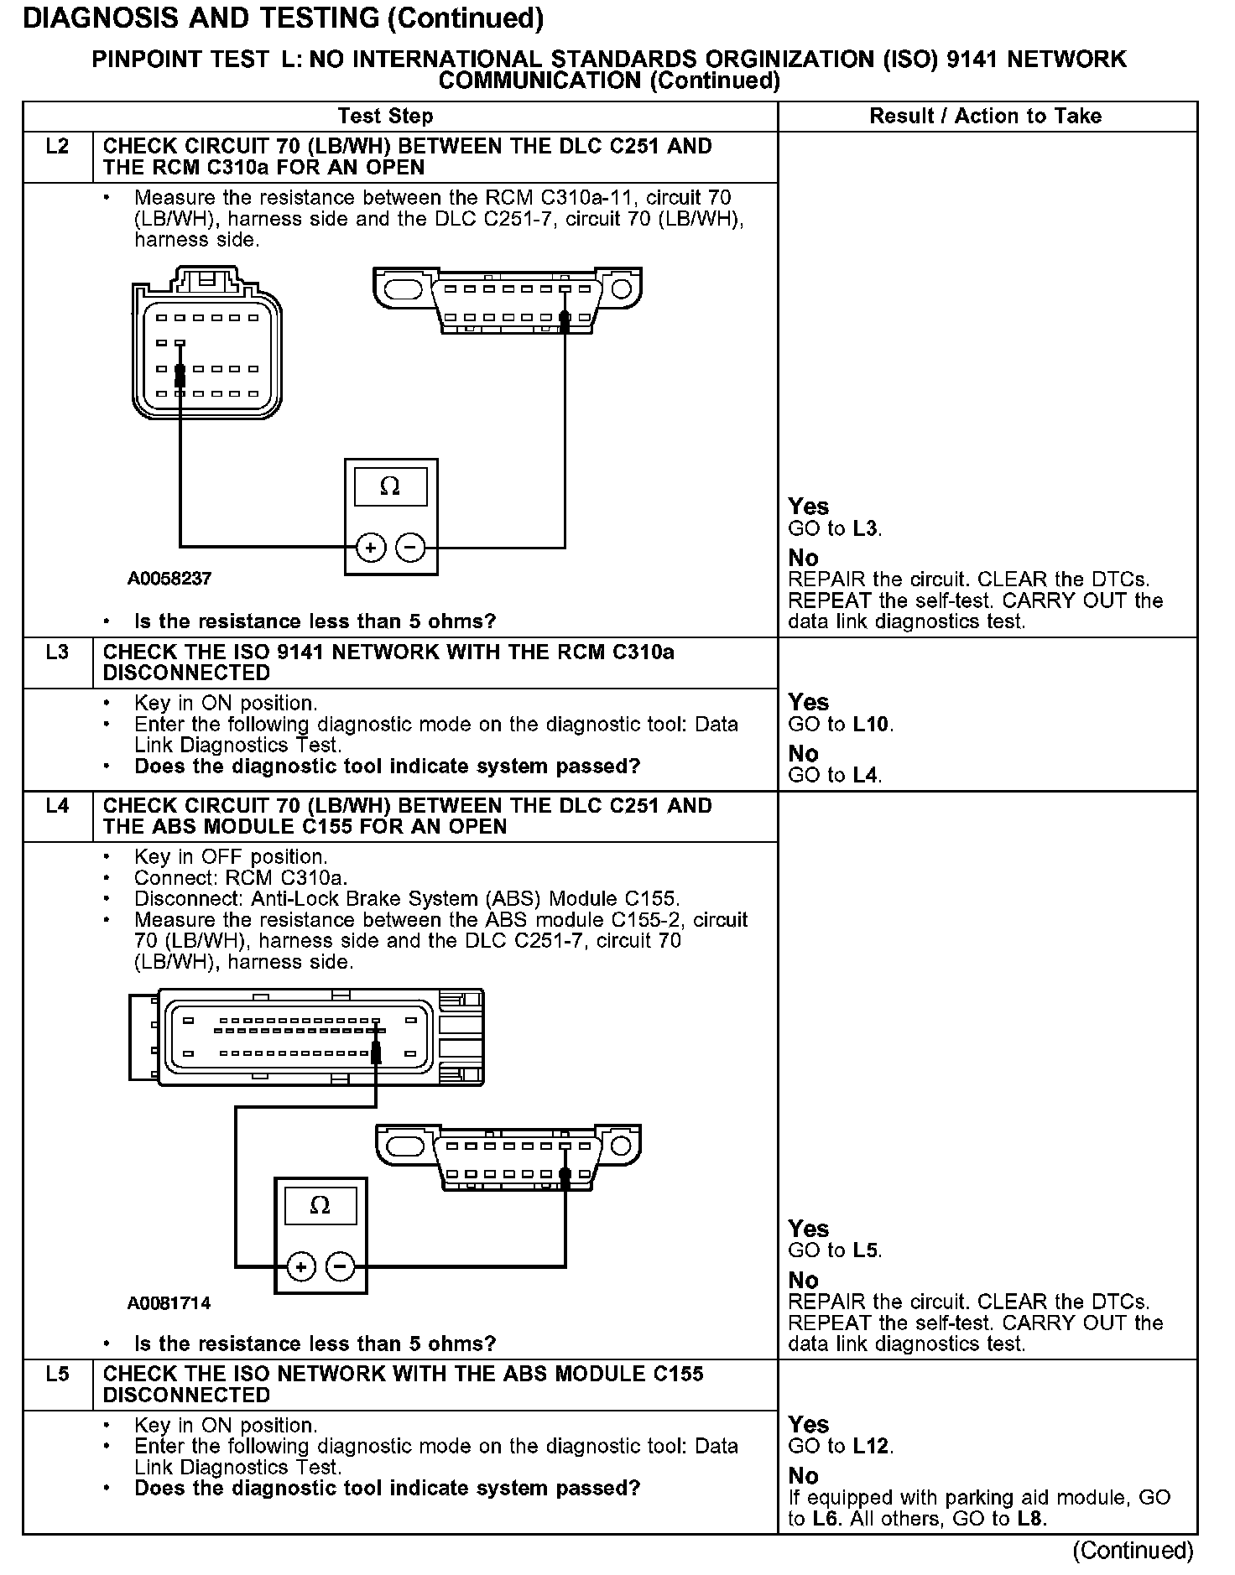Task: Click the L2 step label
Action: pos(57,147)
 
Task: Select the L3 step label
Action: pos(57,652)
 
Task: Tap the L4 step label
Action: pos(57,807)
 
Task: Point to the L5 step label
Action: pos(57,1375)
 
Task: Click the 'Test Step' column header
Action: pos(385,117)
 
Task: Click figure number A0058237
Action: pos(169,579)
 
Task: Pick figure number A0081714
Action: pos(169,1303)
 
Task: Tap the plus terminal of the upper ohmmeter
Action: pos(371,548)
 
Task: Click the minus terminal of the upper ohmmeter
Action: pos(410,548)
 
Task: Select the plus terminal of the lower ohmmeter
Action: pos(301,1266)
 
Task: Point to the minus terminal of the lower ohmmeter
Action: pos(340,1266)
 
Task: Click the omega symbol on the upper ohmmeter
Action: pos(390,486)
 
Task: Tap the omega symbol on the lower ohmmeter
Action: pos(320,1206)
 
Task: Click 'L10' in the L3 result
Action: pos(871,725)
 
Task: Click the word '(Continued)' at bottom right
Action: pos(1133,1551)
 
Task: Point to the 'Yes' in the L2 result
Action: pos(809,507)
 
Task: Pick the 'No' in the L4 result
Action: pos(803,1281)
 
